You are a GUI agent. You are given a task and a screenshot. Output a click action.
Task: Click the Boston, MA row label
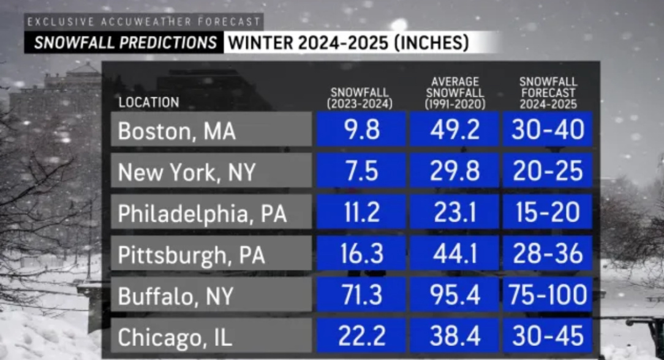[211, 130]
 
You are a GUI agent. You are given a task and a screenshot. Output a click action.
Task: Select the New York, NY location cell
[211, 171]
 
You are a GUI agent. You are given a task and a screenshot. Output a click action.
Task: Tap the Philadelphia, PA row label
[211, 212]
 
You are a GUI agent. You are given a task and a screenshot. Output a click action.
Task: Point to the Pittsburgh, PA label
[211, 253]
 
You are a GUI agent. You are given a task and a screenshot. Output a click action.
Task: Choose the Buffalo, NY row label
[211, 295]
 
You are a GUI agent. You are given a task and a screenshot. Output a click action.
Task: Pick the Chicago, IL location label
[211, 336]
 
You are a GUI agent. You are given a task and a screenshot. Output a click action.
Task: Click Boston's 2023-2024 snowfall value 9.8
[361, 130]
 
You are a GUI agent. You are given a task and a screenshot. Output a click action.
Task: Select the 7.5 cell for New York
[361, 171]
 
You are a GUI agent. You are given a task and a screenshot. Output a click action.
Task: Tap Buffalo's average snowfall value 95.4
[455, 295]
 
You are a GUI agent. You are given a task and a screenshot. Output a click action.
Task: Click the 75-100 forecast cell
[548, 295]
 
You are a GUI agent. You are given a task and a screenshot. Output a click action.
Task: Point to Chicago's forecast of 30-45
[548, 336]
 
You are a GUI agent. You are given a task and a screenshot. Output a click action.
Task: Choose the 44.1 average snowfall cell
[455, 253]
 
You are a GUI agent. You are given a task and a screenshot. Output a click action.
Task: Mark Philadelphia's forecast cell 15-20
[548, 212]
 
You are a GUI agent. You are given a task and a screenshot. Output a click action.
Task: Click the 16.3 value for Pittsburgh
[361, 253]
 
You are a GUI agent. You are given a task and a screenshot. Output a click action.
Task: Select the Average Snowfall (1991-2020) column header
[455, 92]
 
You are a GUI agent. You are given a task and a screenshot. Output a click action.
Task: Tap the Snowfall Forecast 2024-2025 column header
[548, 92]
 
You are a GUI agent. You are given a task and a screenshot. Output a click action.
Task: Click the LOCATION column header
[149, 102]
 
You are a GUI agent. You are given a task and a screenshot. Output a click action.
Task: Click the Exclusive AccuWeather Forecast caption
[145, 22]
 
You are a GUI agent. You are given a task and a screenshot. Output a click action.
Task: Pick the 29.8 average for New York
[455, 171]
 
